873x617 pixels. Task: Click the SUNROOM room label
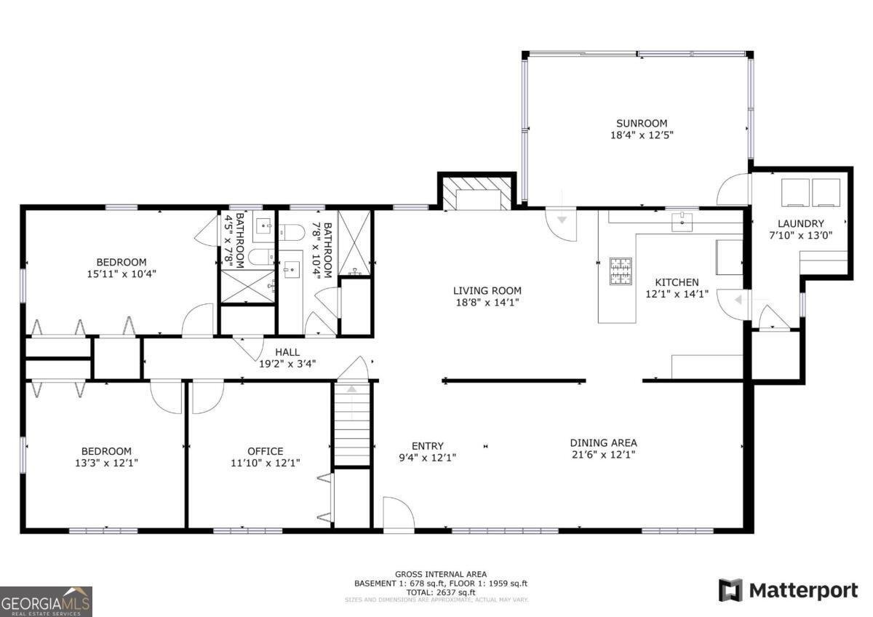click(642, 124)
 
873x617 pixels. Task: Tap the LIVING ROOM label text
click(487, 290)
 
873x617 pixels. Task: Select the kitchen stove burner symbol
click(621, 271)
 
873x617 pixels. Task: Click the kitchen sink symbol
click(682, 222)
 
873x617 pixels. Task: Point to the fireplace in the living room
click(477, 194)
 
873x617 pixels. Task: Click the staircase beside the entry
click(352, 424)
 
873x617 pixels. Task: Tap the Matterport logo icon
click(730, 590)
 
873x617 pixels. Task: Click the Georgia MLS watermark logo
click(46, 602)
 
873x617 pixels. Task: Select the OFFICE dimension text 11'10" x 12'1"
click(266, 463)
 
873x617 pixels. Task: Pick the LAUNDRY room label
click(801, 223)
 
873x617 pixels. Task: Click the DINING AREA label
click(604, 443)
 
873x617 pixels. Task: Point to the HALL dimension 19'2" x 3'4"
click(287, 364)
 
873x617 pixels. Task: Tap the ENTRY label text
click(428, 446)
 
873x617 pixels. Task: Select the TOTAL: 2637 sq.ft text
click(441, 592)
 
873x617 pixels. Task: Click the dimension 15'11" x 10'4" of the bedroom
click(121, 274)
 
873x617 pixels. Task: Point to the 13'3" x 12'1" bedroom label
click(106, 463)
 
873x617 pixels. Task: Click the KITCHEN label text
click(677, 282)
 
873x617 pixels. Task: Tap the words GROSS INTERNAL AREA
click(441, 574)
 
